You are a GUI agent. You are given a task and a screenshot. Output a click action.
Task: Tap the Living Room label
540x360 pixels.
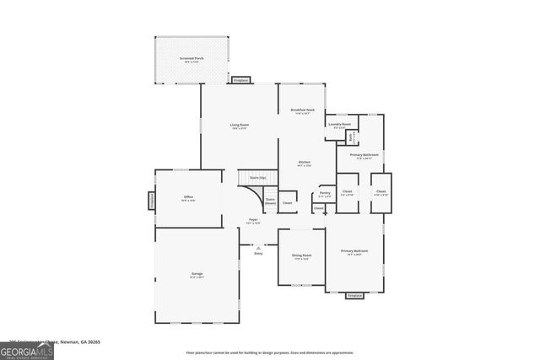pyautogui.click(x=240, y=126)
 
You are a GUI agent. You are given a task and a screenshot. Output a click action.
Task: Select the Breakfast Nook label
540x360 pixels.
pyautogui.click(x=302, y=111)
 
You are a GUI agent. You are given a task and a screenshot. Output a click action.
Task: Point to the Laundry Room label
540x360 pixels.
pyautogui.click(x=340, y=125)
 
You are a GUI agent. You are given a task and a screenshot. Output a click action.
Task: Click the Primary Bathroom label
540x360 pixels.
pyautogui.click(x=364, y=155)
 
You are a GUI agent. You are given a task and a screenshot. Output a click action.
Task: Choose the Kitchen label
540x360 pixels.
pyautogui.click(x=305, y=164)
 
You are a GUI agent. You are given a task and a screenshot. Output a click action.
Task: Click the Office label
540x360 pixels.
pyautogui.click(x=189, y=199)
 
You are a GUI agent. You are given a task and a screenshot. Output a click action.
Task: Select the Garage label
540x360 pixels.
pyautogui.click(x=197, y=274)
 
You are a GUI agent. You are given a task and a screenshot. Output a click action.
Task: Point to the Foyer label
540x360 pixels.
pyautogui.click(x=252, y=221)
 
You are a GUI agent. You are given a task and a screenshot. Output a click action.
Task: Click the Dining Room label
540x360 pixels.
pyautogui.click(x=301, y=256)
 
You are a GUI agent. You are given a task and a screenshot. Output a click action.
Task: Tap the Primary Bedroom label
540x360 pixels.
pyautogui.click(x=354, y=252)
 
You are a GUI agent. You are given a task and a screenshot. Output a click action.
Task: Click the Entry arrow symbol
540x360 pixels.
pyautogui.click(x=258, y=248)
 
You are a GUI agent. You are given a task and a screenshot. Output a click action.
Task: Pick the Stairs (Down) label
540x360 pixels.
pyautogui.click(x=270, y=202)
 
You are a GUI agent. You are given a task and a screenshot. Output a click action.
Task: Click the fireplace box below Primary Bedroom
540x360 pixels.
pyautogui.click(x=354, y=295)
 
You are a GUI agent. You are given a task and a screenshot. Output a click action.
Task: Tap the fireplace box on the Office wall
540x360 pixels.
pyautogui.click(x=152, y=201)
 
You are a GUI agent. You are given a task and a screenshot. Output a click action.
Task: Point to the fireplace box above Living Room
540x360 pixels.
pyautogui.click(x=240, y=80)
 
